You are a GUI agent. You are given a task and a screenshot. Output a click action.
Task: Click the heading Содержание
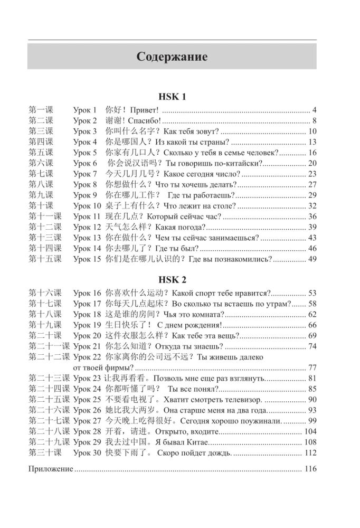tap(172, 56)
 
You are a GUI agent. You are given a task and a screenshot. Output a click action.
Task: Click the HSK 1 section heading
tap(172, 97)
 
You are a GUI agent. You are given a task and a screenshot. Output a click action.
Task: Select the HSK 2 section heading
tap(172, 280)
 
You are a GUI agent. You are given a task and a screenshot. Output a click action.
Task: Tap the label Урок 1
tap(85, 110)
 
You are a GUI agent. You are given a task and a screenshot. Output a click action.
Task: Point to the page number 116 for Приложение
tap(311, 468)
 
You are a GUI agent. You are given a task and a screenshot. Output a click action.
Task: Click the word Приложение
tap(51, 468)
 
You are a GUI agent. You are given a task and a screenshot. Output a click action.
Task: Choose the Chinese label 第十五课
tap(45, 259)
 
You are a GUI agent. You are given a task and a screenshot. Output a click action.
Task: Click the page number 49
tap(312, 259)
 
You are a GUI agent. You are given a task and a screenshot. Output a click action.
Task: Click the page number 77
tap(312, 367)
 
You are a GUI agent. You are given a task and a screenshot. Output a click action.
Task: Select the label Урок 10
tap(87, 205)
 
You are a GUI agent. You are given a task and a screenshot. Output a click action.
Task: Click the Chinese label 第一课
tap(41, 110)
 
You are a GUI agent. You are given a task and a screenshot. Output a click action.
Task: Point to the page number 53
tap(312, 293)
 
